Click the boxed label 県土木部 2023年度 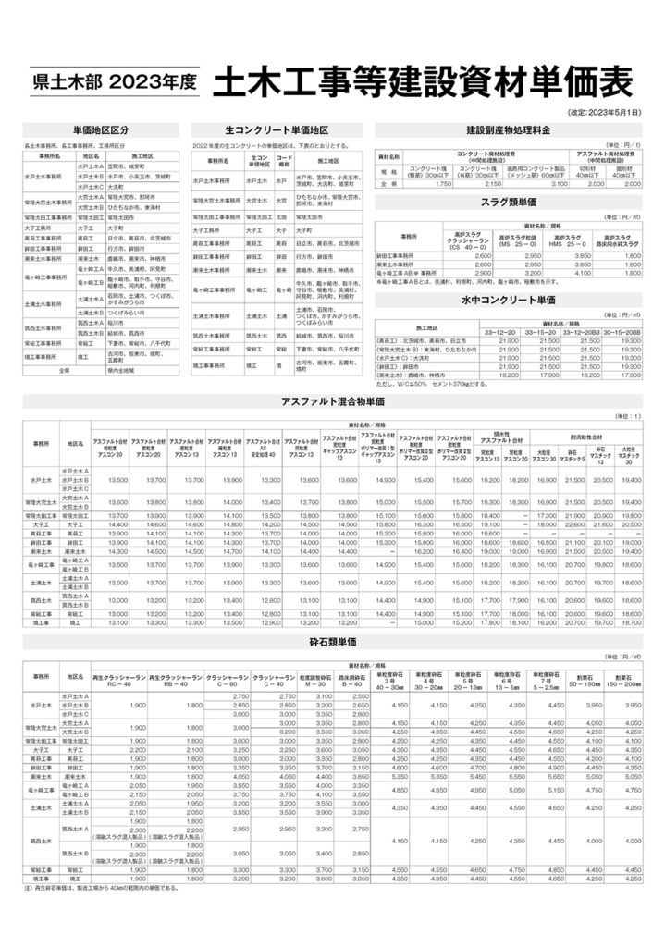(x=114, y=81)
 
